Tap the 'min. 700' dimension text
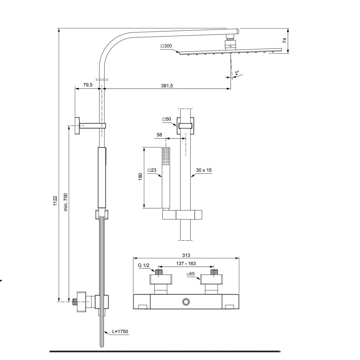[x=66, y=202]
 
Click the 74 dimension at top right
[x=284, y=41]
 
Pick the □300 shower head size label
[x=166, y=46]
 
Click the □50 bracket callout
[x=167, y=119]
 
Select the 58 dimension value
[x=159, y=135]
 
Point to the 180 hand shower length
[x=140, y=177]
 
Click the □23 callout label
[x=152, y=170]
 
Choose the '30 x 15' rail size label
[x=204, y=170]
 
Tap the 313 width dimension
[x=186, y=255]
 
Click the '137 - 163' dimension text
[x=186, y=263]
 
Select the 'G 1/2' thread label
[x=144, y=265]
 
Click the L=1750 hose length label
[x=120, y=331]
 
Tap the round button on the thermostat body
[x=186, y=302]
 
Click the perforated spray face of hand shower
[x=166, y=156]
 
